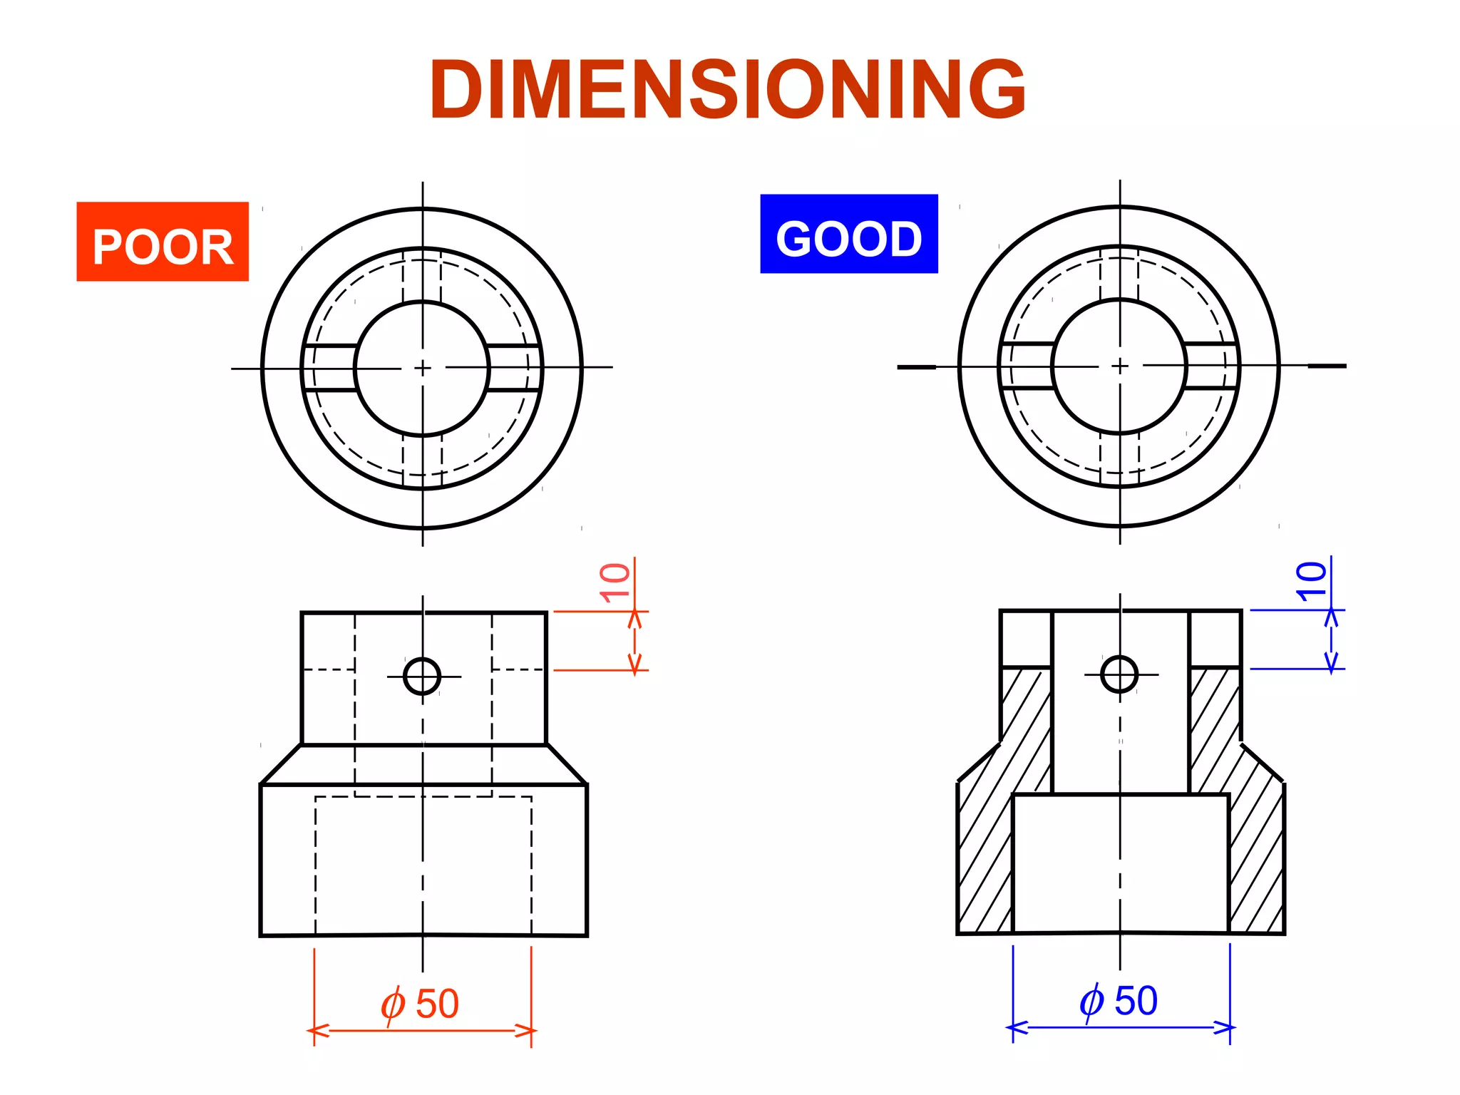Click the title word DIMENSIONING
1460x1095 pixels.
(x=727, y=89)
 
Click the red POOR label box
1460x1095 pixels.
(x=163, y=242)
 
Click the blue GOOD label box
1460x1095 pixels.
(x=848, y=234)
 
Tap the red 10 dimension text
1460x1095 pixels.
(x=615, y=582)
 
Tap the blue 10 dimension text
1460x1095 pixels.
(x=1311, y=581)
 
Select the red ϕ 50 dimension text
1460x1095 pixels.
(x=420, y=1004)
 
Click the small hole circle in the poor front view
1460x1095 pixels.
(x=422, y=676)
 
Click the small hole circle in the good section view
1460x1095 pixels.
(x=1119, y=674)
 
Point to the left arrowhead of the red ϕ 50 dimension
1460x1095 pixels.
(x=318, y=1031)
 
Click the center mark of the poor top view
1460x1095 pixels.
(x=423, y=368)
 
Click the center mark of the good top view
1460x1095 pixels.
(x=1120, y=366)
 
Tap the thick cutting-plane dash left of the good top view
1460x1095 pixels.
(x=916, y=367)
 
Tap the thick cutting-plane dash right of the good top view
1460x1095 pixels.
(x=1327, y=366)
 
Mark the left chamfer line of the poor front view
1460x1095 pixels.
(x=281, y=765)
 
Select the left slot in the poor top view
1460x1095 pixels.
(x=330, y=368)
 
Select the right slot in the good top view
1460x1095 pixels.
(x=1210, y=366)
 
